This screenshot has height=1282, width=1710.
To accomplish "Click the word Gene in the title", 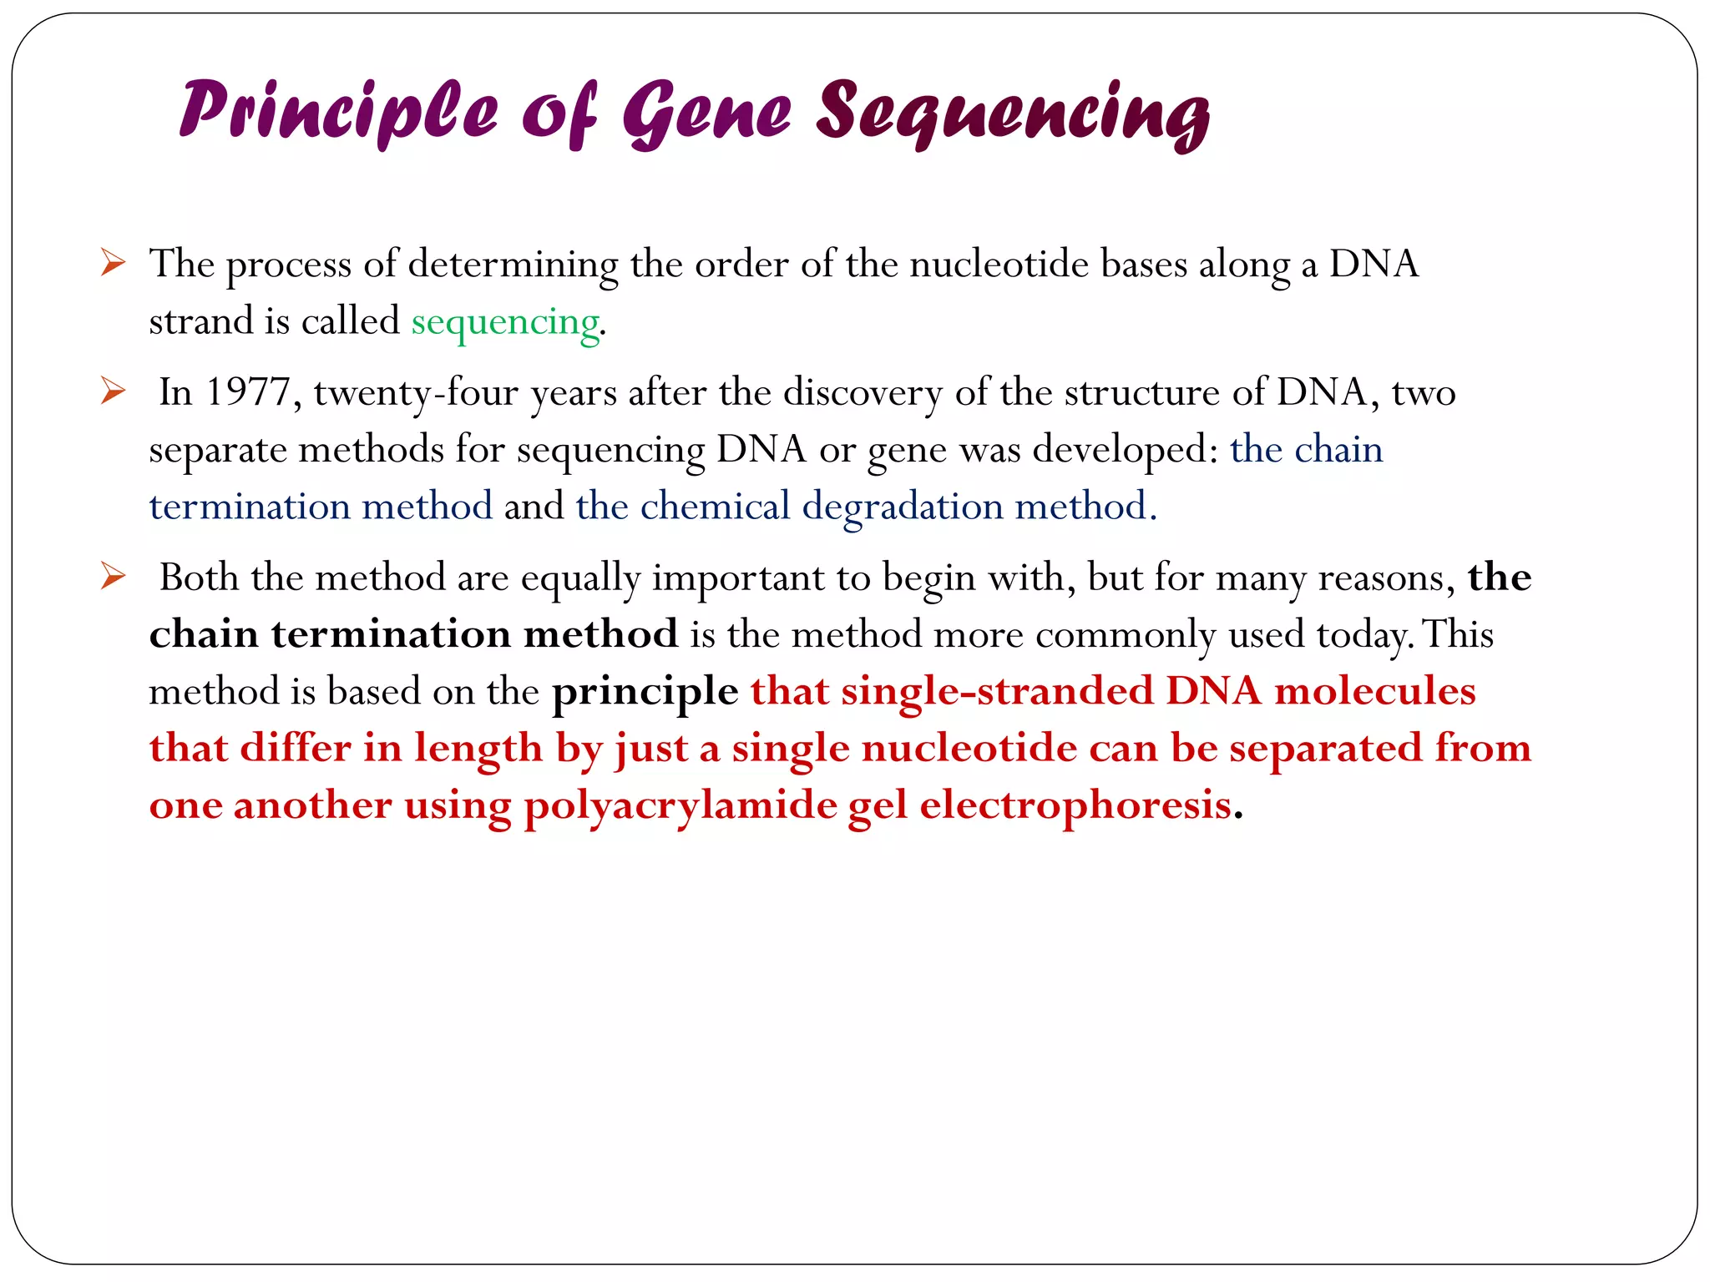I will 706,113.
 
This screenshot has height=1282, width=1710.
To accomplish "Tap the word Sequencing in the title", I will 1013,114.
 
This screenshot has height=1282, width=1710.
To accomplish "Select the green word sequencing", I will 505,322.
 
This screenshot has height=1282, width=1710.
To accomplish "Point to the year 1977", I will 247,392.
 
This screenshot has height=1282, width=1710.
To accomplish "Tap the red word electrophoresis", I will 1075,805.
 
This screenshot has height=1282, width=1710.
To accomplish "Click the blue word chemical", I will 715,507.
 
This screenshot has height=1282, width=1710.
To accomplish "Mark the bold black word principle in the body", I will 645,693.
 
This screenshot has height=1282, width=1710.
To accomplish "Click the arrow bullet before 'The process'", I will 113,263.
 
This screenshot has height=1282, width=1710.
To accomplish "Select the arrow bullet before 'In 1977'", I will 113,391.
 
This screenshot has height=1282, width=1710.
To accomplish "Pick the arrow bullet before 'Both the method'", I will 113,576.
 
